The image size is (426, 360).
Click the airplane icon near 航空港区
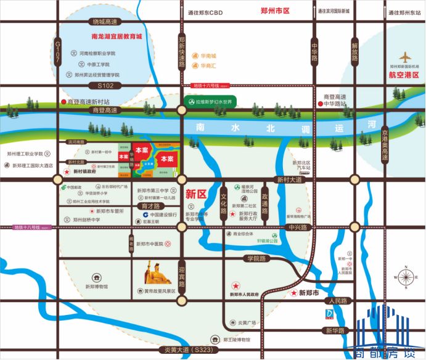pyautogui.click(x=404, y=57)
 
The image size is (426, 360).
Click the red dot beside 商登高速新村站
pyautogui.click(x=63, y=102)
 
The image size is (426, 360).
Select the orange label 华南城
pyautogui.click(x=208, y=55)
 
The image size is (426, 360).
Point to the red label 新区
pyautogui.click(x=195, y=194)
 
